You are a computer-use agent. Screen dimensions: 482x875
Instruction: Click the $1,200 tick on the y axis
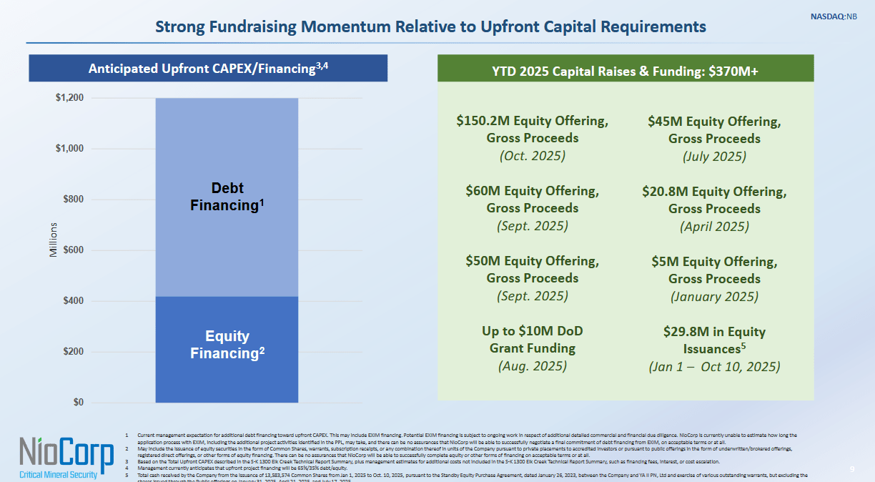click(x=70, y=98)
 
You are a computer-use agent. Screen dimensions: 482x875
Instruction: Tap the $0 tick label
click(x=77, y=403)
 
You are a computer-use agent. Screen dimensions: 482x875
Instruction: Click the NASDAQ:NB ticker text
click(x=833, y=16)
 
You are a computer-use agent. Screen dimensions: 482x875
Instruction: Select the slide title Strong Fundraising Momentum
click(x=430, y=27)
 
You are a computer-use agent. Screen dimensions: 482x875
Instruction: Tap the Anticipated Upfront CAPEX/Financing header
click(x=208, y=69)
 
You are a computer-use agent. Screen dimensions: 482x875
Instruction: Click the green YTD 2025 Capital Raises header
click(x=625, y=72)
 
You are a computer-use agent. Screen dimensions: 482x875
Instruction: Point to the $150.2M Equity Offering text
click(x=533, y=121)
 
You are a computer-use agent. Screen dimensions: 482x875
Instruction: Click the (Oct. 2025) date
click(x=533, y=156)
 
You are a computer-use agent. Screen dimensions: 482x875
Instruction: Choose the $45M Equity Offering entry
click(x=714, y=122)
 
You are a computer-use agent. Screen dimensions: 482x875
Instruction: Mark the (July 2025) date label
click(x=714, y=157)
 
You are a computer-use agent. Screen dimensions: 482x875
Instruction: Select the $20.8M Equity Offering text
click(x=714, y=192)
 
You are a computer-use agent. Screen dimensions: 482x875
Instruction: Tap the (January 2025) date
click(x=714, y=296)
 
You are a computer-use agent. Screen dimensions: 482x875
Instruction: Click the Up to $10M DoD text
click(x=533, y=331)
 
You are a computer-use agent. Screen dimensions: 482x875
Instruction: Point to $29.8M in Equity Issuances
click(x=714, y=340)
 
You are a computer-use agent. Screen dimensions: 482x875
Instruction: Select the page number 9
click(x=852, y=469)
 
